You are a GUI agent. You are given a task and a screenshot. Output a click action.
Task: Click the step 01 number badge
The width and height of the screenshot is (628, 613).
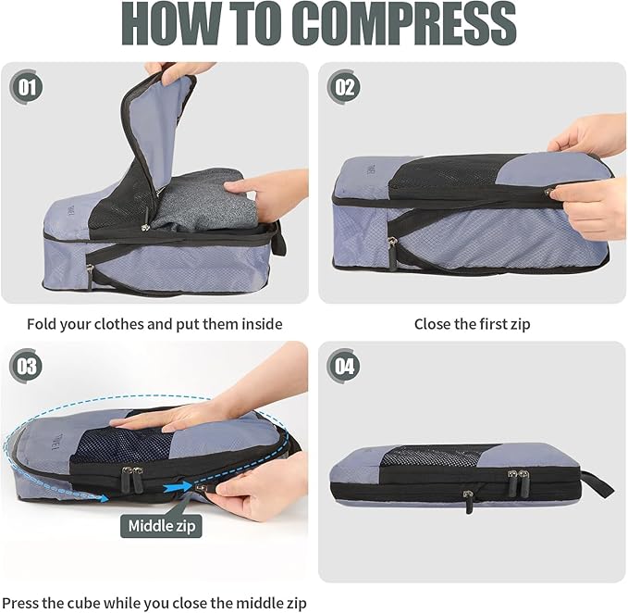click(27, 87)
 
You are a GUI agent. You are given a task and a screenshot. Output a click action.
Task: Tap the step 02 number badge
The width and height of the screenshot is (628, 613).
click(344, 87)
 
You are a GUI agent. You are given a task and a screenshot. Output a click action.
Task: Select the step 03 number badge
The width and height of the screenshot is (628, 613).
click(27, 366)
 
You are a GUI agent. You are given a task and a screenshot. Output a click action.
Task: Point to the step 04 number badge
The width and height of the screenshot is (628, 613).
click(344, 366)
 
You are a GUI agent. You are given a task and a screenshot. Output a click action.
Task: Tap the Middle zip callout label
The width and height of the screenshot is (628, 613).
click(161, 526)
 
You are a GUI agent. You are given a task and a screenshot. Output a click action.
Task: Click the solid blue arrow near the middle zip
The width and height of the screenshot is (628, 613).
click(178, 487)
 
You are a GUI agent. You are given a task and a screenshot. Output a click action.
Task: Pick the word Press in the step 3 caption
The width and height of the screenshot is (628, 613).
click(20, 603)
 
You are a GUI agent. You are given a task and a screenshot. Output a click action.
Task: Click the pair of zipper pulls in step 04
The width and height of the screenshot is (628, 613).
click(517, 482)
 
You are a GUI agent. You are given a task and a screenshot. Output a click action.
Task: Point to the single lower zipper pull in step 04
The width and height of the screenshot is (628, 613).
click(468, 501)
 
